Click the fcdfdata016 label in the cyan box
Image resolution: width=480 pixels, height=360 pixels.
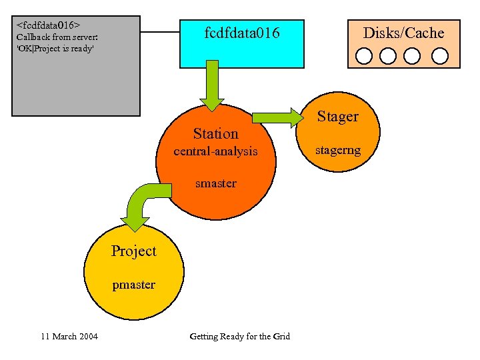point(242,33)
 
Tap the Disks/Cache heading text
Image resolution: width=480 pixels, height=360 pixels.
point(403,33)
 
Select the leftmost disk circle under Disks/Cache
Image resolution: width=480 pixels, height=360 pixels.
point(364,55)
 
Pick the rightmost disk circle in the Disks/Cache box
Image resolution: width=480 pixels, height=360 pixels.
point(439,55)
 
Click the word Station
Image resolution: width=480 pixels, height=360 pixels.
point(215,133)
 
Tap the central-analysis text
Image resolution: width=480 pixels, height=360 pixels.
point(215,151)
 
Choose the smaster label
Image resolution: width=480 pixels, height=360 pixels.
point(215,183)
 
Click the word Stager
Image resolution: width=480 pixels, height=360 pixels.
point(337,117)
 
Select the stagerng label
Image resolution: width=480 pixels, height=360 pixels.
point(338,150)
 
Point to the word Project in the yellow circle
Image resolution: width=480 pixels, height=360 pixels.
point(133,251)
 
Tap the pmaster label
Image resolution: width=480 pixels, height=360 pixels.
point(133,285)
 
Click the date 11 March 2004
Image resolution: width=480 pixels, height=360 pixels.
point(69,336)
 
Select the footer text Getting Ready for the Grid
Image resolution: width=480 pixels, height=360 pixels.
point(240,336)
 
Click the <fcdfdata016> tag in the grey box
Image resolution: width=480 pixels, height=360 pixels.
point(44,25)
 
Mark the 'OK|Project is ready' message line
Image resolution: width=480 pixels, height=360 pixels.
point(55,49)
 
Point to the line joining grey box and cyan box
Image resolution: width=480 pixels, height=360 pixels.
point(160,31)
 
